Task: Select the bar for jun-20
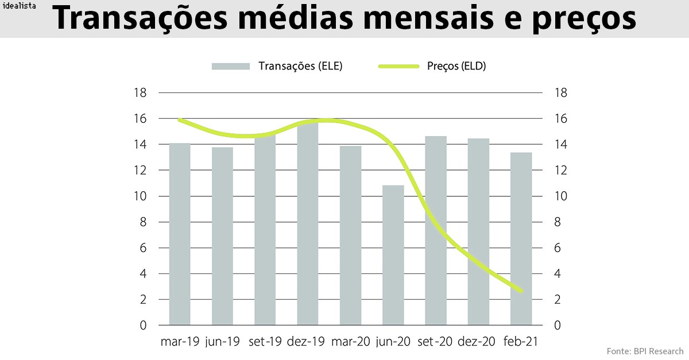click(393, 256)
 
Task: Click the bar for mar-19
click(180, 234)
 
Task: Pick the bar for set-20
click(436, 231)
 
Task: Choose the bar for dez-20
click(478, 232)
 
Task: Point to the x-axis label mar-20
click(350, 342)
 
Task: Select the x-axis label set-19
click(265, 342)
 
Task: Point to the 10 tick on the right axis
click(560, 196)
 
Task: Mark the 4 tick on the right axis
click(557, 274)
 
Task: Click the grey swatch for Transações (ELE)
click(231, 66)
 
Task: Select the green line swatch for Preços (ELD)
click(398, 66)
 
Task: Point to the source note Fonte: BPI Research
click(645, 351)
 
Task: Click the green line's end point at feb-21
click(521, 291)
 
